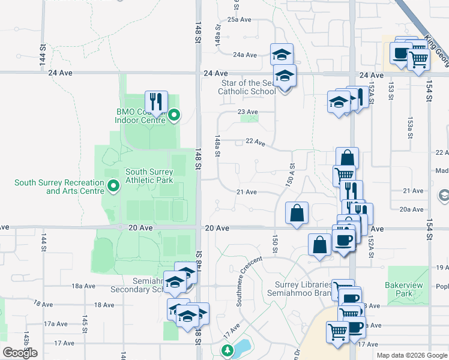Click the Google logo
[20, 353]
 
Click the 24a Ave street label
[245, 55]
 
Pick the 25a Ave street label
[239, 20]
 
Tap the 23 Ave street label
[247, 112]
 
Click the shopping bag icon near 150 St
[298, 214]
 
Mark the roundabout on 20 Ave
[121, 227]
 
